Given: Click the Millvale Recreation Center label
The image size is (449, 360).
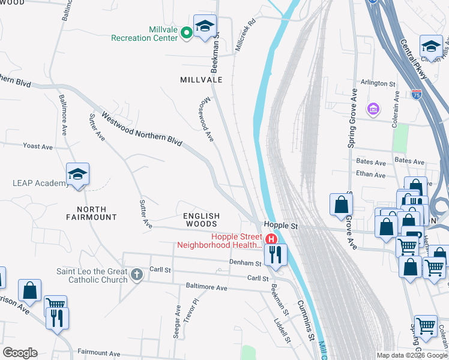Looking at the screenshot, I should coord(145,34).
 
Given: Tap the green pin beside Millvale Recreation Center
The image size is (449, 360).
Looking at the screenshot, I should coord(187,32).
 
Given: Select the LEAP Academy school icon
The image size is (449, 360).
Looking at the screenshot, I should coord(78,174).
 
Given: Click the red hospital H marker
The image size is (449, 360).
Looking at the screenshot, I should coord(271,239).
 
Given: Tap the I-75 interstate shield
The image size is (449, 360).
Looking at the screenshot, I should coord(417,95).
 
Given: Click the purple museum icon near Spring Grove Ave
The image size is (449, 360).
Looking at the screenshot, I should coord(373,109).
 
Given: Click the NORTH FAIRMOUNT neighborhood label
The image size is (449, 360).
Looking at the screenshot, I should coord(88,213).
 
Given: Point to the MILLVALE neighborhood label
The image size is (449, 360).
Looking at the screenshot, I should coord(202,79).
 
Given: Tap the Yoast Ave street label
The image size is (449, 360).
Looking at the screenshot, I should coord(38,146).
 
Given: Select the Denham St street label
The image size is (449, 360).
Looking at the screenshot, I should coord(246,263).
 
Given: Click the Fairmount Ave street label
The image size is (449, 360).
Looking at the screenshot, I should coord(99,353).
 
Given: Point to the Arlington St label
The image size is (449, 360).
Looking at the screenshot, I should coord(378,83).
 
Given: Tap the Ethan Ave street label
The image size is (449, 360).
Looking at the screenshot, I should coord(370,175).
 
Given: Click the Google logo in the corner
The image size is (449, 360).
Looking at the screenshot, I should coord(20,353).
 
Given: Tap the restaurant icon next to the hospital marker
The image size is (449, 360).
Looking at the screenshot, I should coord(276,254).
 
